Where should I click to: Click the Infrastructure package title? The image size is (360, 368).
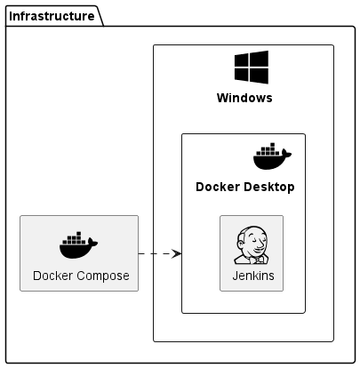point(52,16)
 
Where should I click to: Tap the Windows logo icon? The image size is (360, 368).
point(252,68)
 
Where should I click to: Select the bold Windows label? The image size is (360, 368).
point(244,98)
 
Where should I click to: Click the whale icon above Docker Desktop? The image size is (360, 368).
point(272,156)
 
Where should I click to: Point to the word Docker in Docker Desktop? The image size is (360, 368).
point(218,187)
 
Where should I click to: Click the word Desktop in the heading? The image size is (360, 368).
point(269,188)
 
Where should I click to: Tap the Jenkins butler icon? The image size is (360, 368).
point(252,245)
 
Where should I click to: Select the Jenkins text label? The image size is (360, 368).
point(253,276)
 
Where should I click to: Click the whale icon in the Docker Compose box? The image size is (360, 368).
point(78,245)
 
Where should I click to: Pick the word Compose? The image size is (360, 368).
point(103,276)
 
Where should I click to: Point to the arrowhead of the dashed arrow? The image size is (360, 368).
point(177,253)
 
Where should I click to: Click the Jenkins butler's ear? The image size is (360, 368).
point(241,244)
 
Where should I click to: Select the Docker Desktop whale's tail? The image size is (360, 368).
point(286,154)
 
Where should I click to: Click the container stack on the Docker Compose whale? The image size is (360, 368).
point(75,239)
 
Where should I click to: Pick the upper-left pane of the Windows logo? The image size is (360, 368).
point(242,60)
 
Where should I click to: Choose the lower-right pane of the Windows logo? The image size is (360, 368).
point(260,76)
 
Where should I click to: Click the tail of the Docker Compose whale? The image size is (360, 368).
point(92,243)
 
